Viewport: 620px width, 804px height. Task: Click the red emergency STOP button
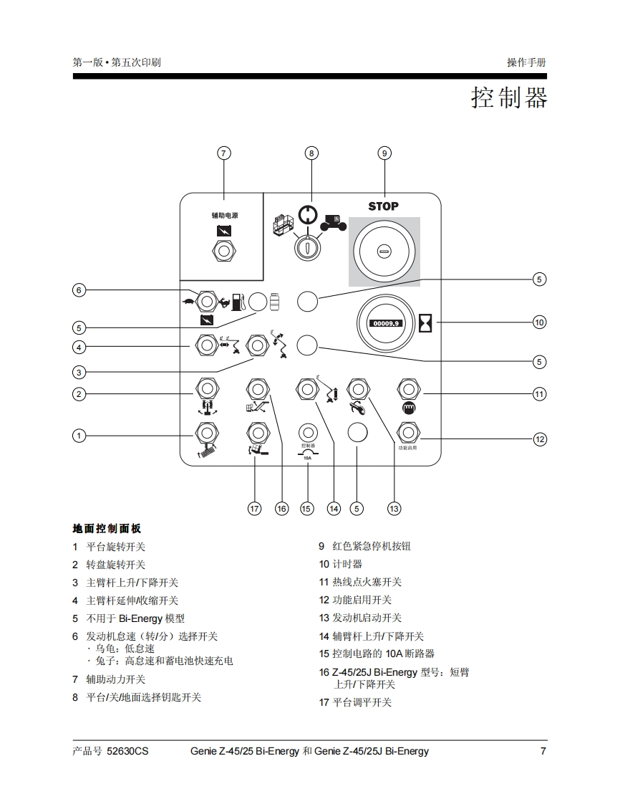point(384,251)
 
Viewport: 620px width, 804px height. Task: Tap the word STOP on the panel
point(384,206)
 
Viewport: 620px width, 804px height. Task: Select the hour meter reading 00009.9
point(387,323)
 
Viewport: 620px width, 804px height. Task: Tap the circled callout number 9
point(384,153)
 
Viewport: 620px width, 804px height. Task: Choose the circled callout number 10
point(539,322)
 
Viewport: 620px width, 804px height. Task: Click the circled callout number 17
point(254,508)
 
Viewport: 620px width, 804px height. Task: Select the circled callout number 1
point(79,435)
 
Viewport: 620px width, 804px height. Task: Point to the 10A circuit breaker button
point(307,433)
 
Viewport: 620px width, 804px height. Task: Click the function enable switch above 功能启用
point(408,433)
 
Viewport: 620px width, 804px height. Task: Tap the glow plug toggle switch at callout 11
point(408,389)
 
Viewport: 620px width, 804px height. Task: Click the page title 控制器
point(508,97)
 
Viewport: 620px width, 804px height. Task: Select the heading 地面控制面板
point(107,528)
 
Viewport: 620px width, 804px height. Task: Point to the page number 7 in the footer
point(543,751)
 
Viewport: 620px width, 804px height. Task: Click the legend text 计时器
point(347,564)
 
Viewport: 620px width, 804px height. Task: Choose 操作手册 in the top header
point(526,62)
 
